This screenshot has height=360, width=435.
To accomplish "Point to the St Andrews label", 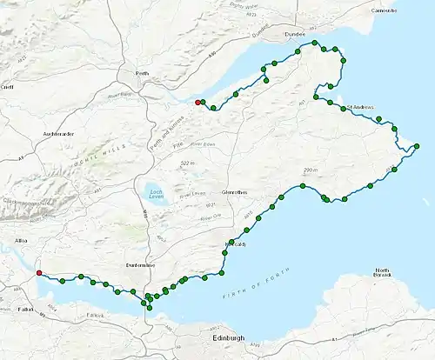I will click(359, 108).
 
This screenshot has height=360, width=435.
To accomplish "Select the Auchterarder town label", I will click(57, 135).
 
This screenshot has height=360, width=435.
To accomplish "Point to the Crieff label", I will click(8, 87).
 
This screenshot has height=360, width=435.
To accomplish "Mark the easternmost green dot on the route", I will click(418, 145).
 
